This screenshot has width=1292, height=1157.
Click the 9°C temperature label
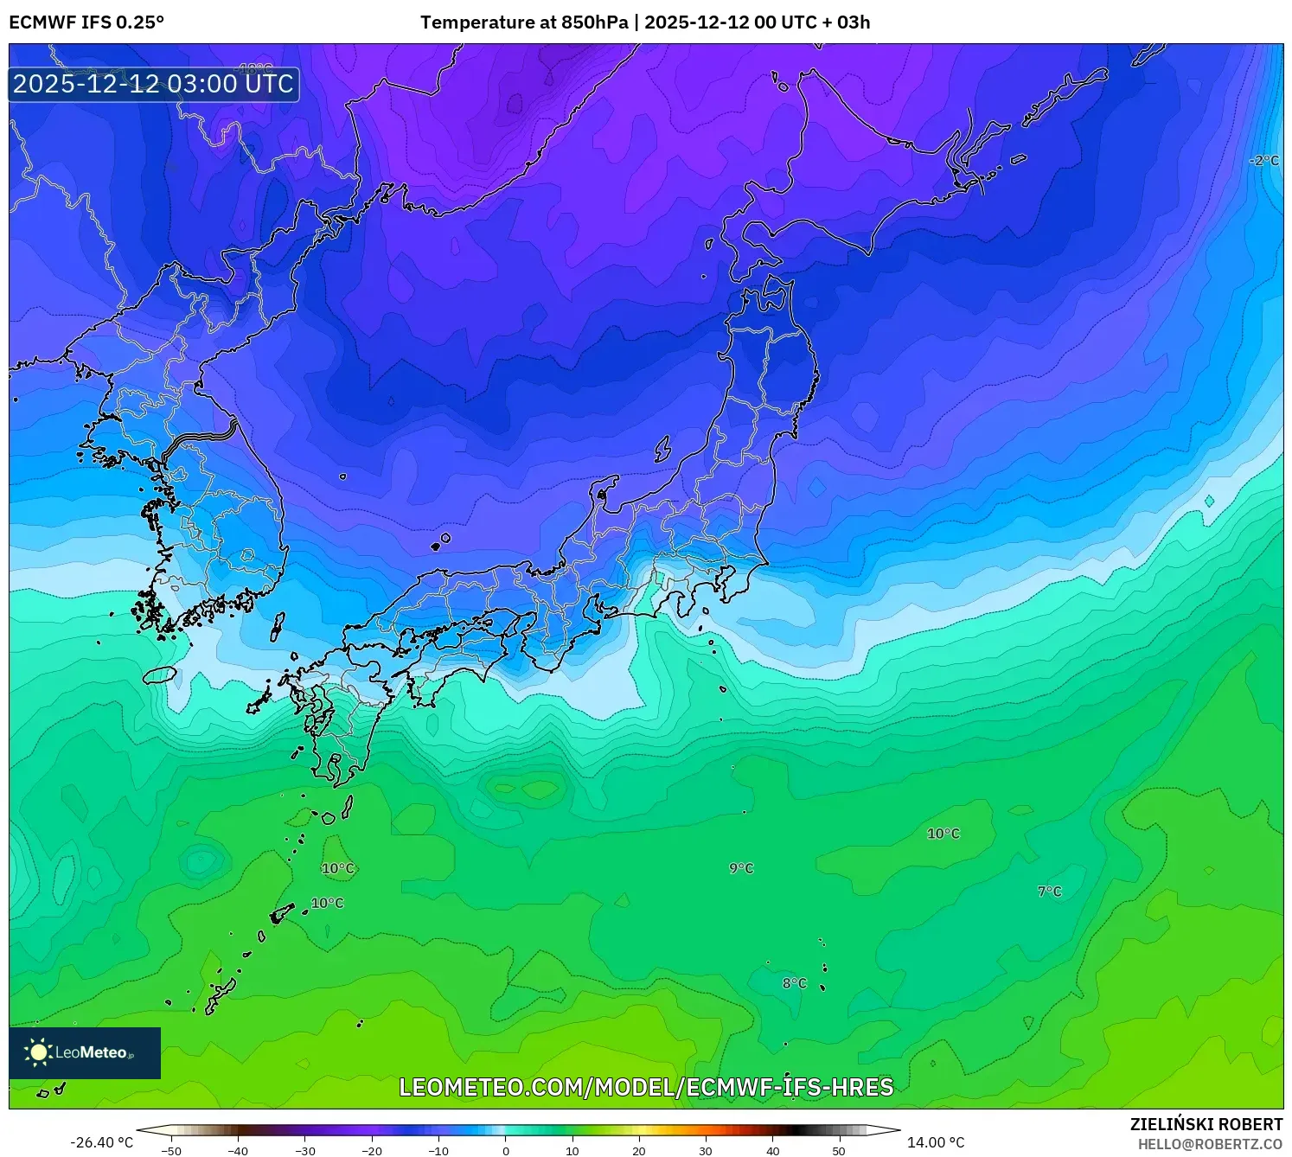[x=741, y=868]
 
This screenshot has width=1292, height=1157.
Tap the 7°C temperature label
[x=1049, y=892]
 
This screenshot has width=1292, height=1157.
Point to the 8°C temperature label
[x=794, y=983]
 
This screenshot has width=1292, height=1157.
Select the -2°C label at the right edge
[x=1263, y=161]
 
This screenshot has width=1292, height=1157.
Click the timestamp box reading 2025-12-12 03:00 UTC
[x=154, y=84]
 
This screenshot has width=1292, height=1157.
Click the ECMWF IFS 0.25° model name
[x=86, y=22]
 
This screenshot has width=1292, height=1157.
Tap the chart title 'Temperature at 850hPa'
[x=524, y=22]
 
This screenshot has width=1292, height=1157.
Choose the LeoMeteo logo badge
[x=85, y=1052]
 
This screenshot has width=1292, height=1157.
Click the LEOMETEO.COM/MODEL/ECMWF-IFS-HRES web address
[x=646, y=1087]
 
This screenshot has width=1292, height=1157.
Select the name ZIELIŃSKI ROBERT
[x=1206, y=1124]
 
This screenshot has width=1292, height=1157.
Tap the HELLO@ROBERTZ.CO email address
[x=1209, y=1144]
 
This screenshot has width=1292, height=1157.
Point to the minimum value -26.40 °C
[x=102, y=1142]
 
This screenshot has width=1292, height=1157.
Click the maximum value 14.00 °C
[x=936, y=1142]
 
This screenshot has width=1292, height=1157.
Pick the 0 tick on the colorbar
[x=506, y=1151]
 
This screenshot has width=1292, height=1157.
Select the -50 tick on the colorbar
[x=171, y=1151]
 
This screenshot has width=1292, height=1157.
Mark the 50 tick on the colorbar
[x=839, y=1151]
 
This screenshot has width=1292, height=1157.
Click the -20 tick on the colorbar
[x=372, y=1151]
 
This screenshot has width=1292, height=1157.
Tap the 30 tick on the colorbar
[x=706, y=1151]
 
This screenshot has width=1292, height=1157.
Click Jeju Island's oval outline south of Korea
[x=159, y=674]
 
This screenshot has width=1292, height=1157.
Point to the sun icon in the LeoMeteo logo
[x=38, y=1052]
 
